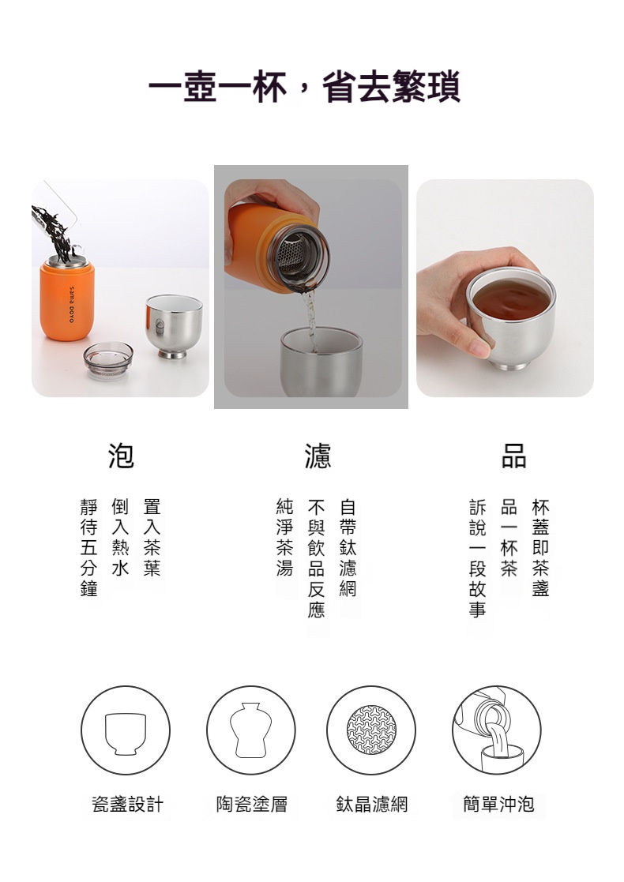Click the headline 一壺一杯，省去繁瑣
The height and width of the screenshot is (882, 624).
pyautogui.click(x=304, y=87)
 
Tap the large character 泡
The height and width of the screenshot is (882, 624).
pyautogui.click(x=121, y=456)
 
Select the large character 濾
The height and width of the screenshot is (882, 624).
pyautogui.click(x=318, y=456)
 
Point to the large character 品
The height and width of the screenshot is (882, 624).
pyautogui.click(x=513, y=456)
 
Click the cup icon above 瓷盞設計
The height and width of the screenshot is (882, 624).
pyautogui.click(x=126, y=730)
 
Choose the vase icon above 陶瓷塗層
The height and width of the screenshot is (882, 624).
pyautogui.click(x=251, y=730)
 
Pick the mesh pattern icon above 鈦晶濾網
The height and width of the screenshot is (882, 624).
pyautogui.click(x=371, y=730)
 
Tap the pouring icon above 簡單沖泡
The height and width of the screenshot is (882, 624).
pyautogui.click(x=497, y=730)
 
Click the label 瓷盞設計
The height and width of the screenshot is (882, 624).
pyautogui.click(x=128, y=805)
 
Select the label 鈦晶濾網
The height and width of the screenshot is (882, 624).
pyautogui.click(x=372, y=805)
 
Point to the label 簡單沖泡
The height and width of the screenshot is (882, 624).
pyautogui.click(x=498, y=805)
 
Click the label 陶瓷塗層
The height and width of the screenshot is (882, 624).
pyautogui.click(x=252, y=805)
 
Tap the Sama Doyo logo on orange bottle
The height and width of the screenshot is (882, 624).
pyautogui.click(x=72, y=304)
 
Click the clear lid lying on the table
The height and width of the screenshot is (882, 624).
pyautogui.click(x=108, y=361)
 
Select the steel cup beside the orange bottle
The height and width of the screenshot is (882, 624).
pyautogui.click(x=173, y=325)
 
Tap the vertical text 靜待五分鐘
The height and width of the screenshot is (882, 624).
pyautogui.click(x=89, y=547)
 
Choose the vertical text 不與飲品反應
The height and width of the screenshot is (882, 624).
pyautogui.click(x=316, y=558)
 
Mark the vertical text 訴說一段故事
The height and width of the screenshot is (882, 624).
pyautogui.click(x=477, y=558)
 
